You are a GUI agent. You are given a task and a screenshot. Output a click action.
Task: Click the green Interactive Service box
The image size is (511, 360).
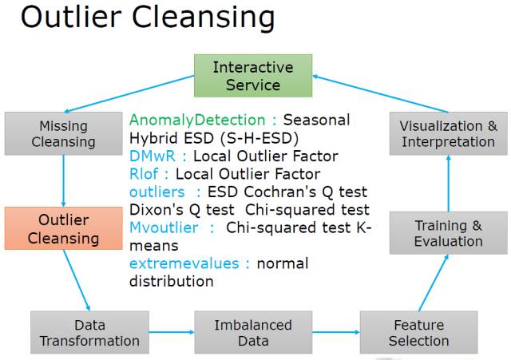253,75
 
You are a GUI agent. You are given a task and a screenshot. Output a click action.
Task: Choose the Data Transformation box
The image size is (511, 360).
89,333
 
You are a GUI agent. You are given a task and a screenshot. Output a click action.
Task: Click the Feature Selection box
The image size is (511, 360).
419,333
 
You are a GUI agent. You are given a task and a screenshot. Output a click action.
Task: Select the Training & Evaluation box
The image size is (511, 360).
448,233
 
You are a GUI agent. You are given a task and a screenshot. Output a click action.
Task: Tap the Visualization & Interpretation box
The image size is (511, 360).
448,134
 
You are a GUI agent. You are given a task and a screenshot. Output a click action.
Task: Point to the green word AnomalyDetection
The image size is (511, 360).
198,120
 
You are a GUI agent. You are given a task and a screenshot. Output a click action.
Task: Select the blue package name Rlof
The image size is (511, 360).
144,174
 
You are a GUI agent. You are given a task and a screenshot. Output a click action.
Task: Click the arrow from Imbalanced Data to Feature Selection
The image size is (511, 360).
335,332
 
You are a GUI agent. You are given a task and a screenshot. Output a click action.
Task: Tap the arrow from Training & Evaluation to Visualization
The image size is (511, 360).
449,184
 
